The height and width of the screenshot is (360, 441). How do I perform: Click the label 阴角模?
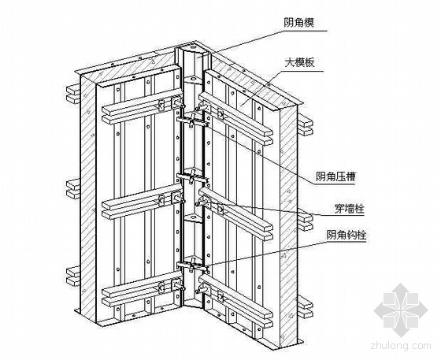point(298,22)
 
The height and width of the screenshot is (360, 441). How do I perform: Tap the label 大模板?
point(299,62)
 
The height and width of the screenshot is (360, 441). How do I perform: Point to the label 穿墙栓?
point(350,209)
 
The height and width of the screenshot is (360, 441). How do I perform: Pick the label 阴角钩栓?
point(346,235)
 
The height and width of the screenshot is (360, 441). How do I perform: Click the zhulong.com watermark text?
point(401,345)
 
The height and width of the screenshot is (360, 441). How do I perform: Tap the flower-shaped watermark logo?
point(401,310)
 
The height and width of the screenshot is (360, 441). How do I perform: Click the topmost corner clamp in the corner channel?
point(193,120)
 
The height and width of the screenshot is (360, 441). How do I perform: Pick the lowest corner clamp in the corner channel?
point(193,265)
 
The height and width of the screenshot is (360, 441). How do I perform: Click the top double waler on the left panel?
point(141,107)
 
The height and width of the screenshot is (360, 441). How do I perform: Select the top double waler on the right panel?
point(235,120)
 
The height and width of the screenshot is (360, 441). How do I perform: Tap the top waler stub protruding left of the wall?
point(73,94)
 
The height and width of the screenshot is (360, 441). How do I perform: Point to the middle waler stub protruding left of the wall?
point(73,189)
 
